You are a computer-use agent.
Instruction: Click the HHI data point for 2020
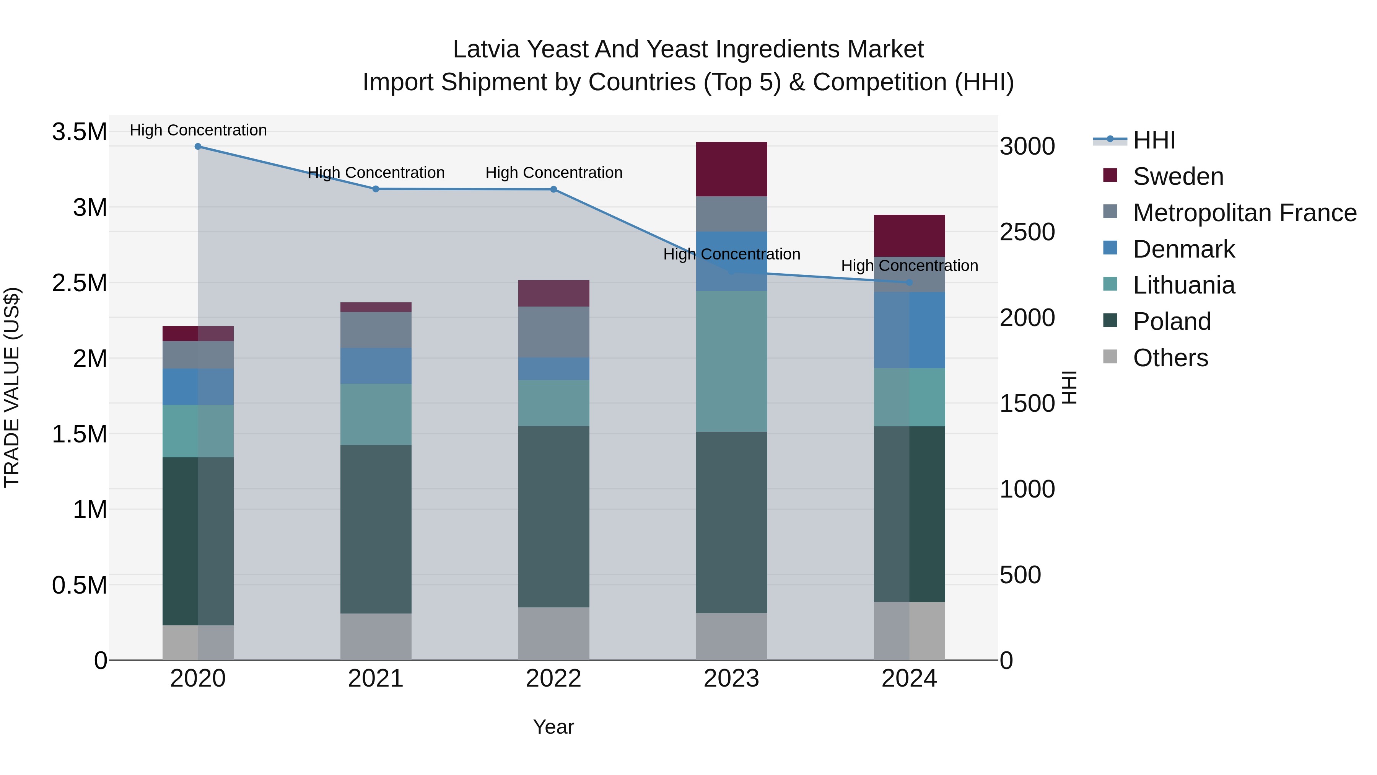coord(198,146)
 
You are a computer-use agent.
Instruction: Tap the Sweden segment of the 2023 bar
coord(731,169)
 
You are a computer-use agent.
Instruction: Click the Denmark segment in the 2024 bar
coord(909,330)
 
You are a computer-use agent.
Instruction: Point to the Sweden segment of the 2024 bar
coord(909,236)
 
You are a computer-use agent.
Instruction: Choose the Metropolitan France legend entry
coord(1244,213)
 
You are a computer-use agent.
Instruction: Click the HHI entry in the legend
coord(1154,140)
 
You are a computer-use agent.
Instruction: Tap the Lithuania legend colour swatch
coord(1110,284)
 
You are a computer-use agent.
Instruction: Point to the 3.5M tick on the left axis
coord(80,132)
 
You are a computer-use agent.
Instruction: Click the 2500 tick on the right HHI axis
coord(1027,232)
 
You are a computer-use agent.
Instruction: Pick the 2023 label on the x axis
coord(731,679)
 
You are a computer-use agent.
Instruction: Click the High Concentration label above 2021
coord(376,173)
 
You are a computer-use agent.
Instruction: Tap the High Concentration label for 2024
coord(909,266)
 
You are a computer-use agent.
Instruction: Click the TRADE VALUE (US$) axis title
coord(12,387)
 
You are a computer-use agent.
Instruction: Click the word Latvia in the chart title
coord(486,49)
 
